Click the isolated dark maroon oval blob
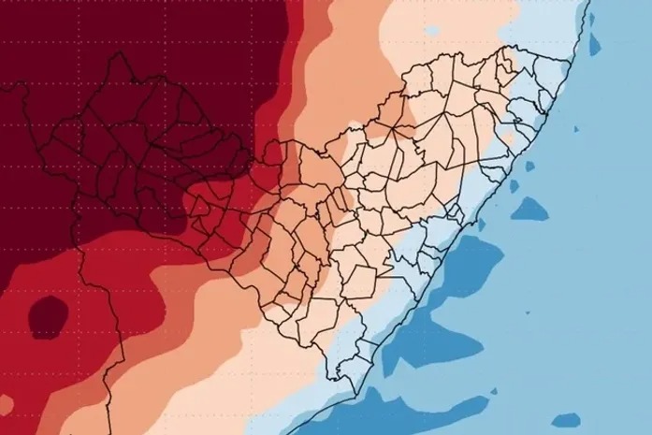(48, 315)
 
